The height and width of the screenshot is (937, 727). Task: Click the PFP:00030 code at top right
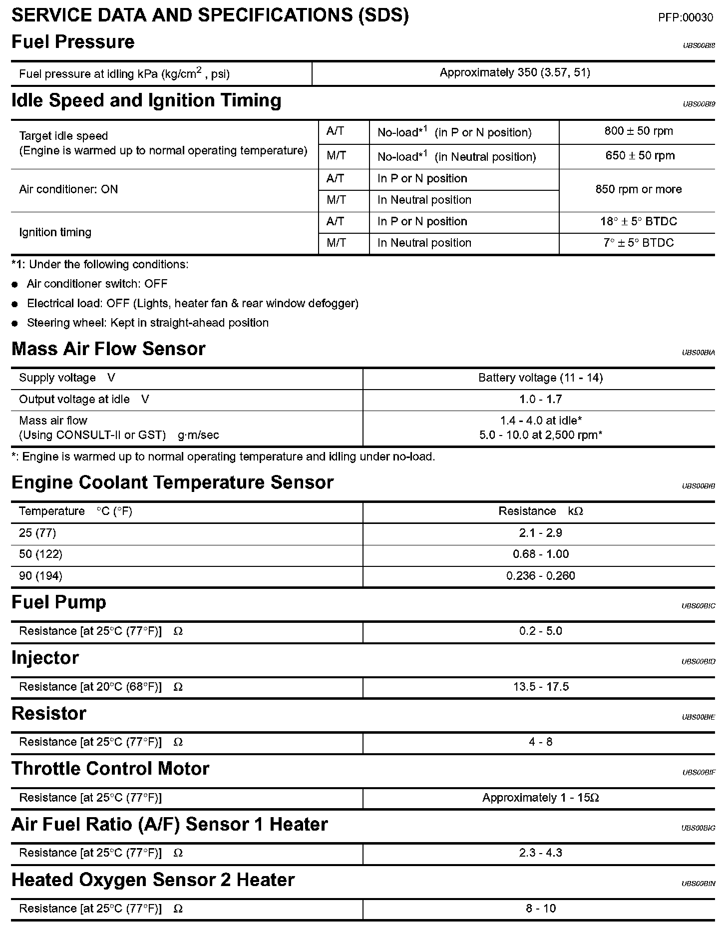[685, 18]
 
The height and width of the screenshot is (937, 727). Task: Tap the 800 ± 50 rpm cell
[638, 131]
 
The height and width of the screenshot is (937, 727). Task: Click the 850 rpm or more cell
[638, 189]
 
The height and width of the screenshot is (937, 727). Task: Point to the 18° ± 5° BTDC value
[638, 221]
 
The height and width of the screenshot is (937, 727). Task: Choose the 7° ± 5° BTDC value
[638, 243]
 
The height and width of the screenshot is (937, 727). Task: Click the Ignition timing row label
[55, 232]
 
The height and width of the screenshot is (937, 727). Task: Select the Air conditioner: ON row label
[68, 189]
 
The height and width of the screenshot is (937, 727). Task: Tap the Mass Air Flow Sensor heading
[108, 349]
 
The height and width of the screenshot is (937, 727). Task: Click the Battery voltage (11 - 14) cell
[540, 378]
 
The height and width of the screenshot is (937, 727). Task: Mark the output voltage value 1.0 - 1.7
[540, 400]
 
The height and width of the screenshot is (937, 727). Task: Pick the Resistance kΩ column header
[540, 511]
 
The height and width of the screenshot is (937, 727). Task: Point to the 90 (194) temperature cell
[40, 576]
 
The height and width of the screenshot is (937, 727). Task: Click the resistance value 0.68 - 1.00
[540, 554]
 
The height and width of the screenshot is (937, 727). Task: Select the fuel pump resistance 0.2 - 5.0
[540, 631]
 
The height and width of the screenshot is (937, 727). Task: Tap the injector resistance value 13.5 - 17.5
[540, 687]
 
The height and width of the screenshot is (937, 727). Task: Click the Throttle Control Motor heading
[110, 769]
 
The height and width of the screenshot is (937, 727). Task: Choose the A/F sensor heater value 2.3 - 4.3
[540, 853]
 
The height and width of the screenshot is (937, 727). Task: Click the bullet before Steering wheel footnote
[15, 324]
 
